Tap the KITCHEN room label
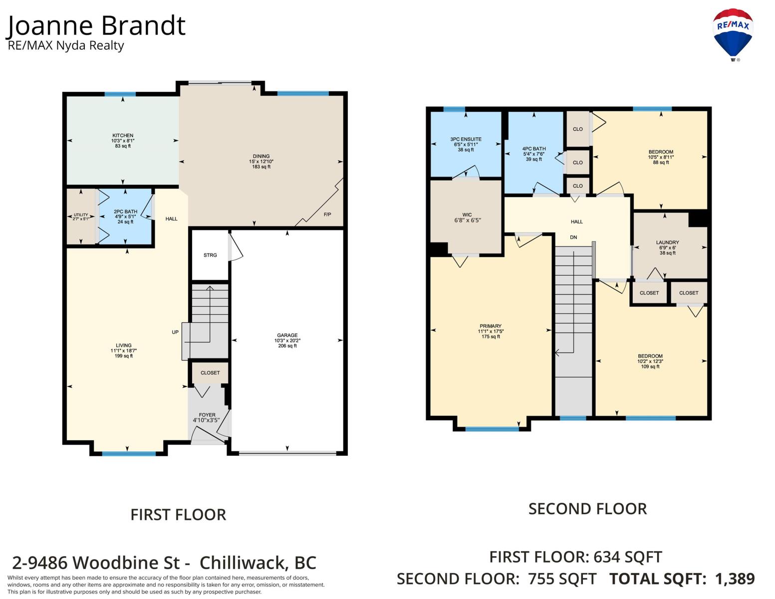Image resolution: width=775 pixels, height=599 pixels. click(x=123, y=136)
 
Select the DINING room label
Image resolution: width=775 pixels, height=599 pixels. click(x=261, y=156)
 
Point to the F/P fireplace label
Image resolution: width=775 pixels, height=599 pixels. click(x=327, y=215)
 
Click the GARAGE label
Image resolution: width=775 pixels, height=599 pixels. click(x=287, y=335)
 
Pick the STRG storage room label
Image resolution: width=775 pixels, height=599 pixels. click(x=210, y=255)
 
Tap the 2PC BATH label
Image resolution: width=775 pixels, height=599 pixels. click(x=126, y=212)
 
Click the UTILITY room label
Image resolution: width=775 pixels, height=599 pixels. click(x=81, y=215)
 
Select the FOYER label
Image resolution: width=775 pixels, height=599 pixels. click(x=207, y=415)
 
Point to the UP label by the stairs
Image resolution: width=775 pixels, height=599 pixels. click(x=175, y=332)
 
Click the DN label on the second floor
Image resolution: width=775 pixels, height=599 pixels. click(x=573, y=237)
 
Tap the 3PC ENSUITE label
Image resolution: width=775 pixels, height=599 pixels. click(x=466, y=139)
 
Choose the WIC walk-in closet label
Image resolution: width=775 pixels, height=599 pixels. click(x=467, y=215)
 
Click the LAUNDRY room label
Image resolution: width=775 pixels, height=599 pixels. click(x=667, y=242)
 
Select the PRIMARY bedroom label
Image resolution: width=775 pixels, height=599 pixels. click(x=491, y=326)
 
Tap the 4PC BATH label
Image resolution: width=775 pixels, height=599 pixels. click(x=534, y=149)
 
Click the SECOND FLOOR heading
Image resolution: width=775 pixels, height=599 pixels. click(x=587, y=509)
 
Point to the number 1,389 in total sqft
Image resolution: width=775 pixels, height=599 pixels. click(x=735, y=579)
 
